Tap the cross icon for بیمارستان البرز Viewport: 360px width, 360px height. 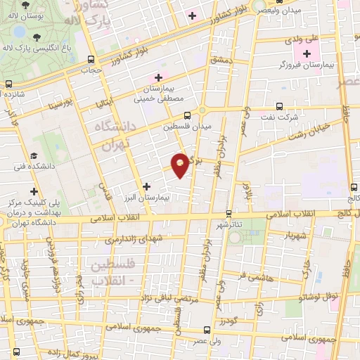146,186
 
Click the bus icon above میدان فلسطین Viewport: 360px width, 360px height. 187,117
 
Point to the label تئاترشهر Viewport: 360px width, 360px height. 230,224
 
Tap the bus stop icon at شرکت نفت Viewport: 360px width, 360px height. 280,107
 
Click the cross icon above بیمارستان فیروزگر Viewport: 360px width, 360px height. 307,53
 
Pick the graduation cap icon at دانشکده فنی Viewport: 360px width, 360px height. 34,156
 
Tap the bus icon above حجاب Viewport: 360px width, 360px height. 89,60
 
